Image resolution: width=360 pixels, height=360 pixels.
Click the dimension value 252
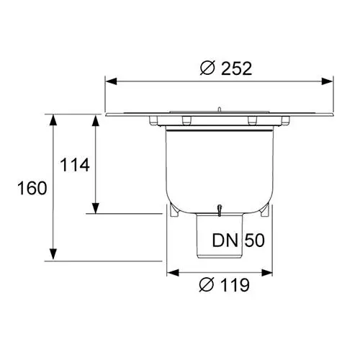click(x=236, y=68)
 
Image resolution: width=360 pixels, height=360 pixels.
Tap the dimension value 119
click(x=235, y=285)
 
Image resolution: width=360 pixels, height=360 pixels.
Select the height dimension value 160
click(x=32, y=188)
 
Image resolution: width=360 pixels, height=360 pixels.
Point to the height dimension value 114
click(x=75, y=165)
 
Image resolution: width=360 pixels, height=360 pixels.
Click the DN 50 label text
click(x=238, y=240)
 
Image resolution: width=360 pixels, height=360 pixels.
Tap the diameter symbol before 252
click(x=207, y=68)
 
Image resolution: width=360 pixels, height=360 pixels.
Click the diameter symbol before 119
click(x=207, y=284)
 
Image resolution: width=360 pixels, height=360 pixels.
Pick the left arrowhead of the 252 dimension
click(x=111, y=81)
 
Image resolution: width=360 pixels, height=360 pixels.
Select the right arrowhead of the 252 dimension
click(x=328, y=81)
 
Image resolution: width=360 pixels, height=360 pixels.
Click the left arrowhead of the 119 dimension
click(x=173, y=273)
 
